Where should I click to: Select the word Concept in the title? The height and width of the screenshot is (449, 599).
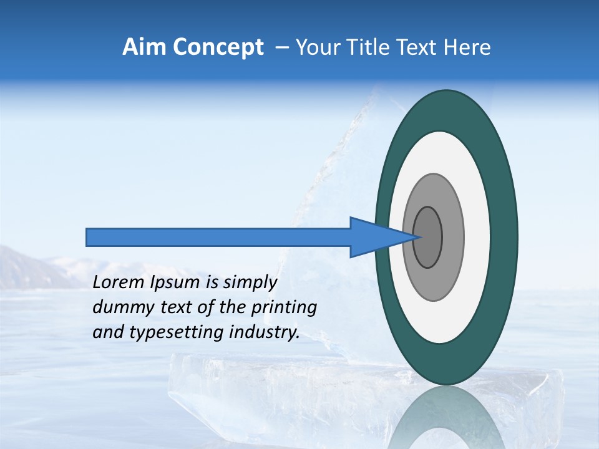[218, 47]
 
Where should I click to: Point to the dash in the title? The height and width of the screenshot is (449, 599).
[282, 47]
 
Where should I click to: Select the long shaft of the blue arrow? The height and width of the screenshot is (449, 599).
[218, 237]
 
